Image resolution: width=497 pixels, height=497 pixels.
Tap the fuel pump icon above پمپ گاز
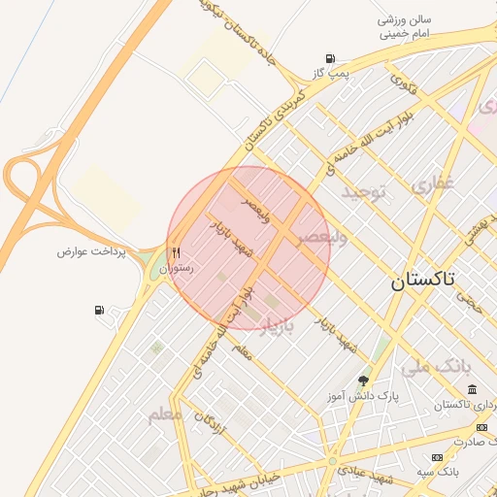(332, 58)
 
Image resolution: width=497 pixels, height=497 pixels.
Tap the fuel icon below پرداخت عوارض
(100, 311)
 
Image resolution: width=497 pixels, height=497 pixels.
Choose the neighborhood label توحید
(363, 193)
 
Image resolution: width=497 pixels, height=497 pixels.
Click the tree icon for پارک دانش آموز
(363, 381)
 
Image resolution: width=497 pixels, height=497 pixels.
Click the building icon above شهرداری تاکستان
(472, 390)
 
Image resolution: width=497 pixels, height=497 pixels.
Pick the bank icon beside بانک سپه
(437, 457)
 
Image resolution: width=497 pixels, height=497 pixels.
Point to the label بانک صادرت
(460, 439)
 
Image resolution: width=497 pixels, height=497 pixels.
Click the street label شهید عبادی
(365, 475)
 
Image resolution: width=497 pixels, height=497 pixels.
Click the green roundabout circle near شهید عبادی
(333, 461)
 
